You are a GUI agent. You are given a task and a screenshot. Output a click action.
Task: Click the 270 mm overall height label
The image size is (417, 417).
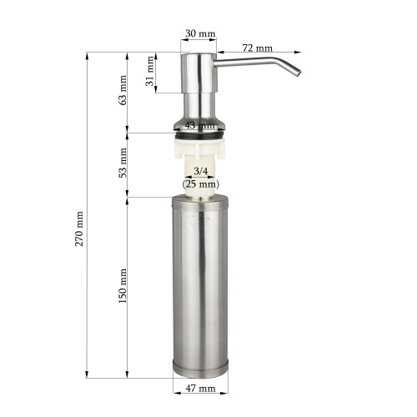[79, 229]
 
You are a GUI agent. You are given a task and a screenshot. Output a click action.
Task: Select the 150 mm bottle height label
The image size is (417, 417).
[123, 286]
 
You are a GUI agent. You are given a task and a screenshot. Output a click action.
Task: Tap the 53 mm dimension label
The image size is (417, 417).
[123, 163]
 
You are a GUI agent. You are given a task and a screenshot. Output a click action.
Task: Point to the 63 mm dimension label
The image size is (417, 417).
[123, 90]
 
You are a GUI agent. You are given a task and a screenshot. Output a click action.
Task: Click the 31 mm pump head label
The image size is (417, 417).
[150, 71]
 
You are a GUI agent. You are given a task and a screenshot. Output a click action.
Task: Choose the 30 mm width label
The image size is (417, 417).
[200, 33]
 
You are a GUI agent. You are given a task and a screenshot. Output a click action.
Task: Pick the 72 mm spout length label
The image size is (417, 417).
[258, 48]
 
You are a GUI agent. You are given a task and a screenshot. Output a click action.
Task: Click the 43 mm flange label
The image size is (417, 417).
[200, 125]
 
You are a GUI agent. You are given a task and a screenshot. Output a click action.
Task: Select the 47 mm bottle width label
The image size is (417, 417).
[200, 388]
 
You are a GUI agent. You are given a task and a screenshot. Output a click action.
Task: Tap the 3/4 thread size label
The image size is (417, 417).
[201, 171]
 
